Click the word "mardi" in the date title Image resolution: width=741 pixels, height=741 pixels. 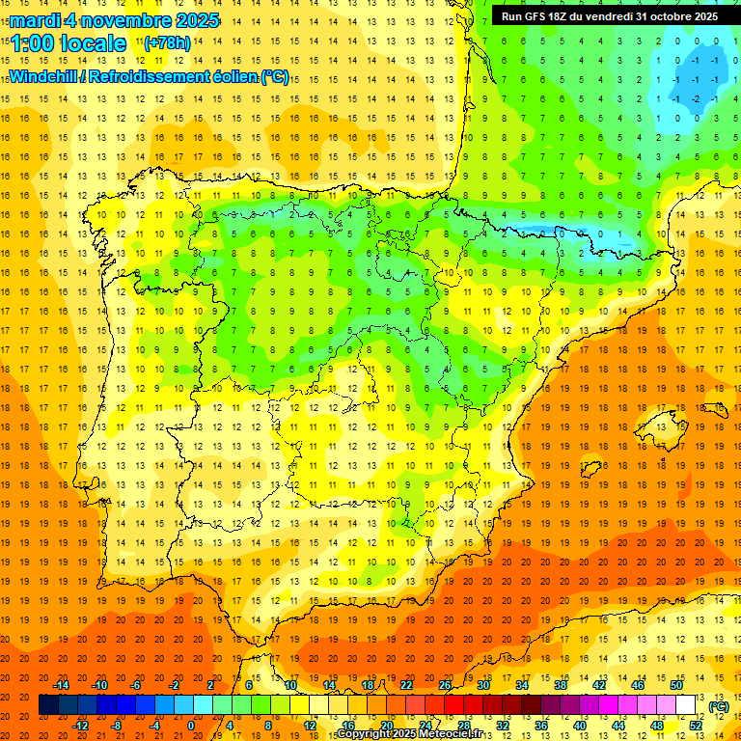point(36,20)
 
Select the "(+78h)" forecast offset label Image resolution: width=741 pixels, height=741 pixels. point(167,42)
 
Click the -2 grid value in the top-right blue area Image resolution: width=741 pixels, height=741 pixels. point(695,98)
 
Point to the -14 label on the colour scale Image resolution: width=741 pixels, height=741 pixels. point(62,684)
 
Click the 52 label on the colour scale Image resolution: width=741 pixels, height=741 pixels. point(696,725)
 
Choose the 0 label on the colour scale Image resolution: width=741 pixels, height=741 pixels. point(191,725)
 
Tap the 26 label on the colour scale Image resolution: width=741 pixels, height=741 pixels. point(444,684)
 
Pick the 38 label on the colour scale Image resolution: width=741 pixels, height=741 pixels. point(560,684)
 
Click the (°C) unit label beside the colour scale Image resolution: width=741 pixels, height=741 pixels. point(718,706)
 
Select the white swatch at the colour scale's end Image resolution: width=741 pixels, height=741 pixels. point(685,705)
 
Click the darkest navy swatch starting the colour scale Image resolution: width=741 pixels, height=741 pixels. point(47,705)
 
